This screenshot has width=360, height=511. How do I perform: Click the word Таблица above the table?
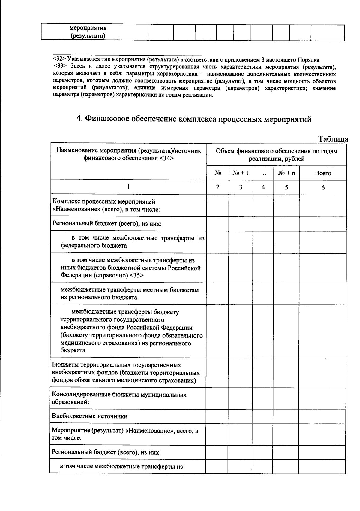[333, 139]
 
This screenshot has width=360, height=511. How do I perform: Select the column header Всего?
[323, 173]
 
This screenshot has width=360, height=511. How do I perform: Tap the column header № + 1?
[241, 173]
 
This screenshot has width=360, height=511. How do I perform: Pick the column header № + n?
[286, 173]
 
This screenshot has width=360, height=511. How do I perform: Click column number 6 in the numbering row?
[323, 187]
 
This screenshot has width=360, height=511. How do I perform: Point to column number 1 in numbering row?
[128, 187]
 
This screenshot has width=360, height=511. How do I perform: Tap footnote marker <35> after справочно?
[137, 275]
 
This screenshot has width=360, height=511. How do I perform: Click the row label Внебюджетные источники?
[90, 416]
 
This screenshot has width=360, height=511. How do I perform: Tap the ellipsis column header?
[263, 173]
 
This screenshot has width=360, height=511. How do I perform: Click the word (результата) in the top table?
[88, 36]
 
